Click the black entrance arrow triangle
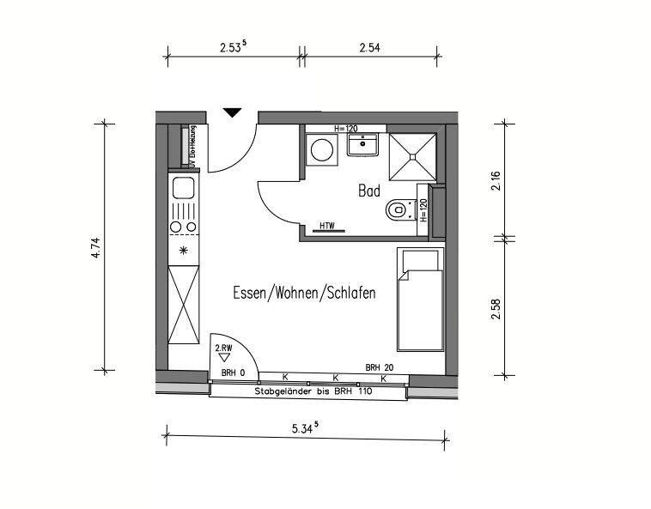tap(232, 112)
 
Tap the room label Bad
tap(368, 191)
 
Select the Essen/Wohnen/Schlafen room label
tap(304, 294)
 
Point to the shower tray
tap(415, 155)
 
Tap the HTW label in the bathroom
tap(326, 227)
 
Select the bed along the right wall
tap(420, 300)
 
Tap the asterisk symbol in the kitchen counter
tap(183, 251)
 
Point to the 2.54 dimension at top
tap(369, 48)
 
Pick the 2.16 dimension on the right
tap(496, 182)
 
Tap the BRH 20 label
tap(379, 367)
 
